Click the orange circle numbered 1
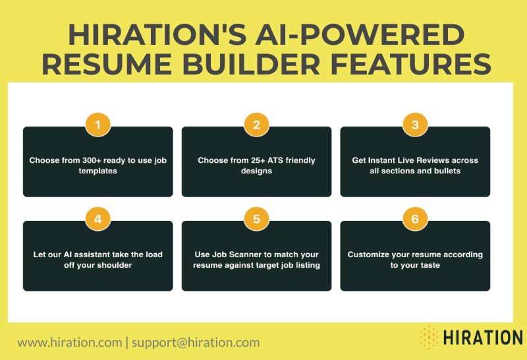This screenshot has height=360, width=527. [98, 125]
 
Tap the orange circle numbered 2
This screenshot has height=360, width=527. [256, 125]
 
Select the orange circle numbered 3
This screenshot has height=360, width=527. [415, 125]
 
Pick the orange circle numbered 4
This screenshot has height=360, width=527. [98, 219]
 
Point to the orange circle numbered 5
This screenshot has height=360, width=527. [256, 219]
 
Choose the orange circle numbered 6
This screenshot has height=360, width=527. [415, 219]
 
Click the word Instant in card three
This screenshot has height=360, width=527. [401, 160]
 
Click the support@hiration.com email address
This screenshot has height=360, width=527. [196, 342]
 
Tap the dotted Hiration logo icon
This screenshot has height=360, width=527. [429, 336]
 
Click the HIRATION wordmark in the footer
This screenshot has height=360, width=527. [482, 337]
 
